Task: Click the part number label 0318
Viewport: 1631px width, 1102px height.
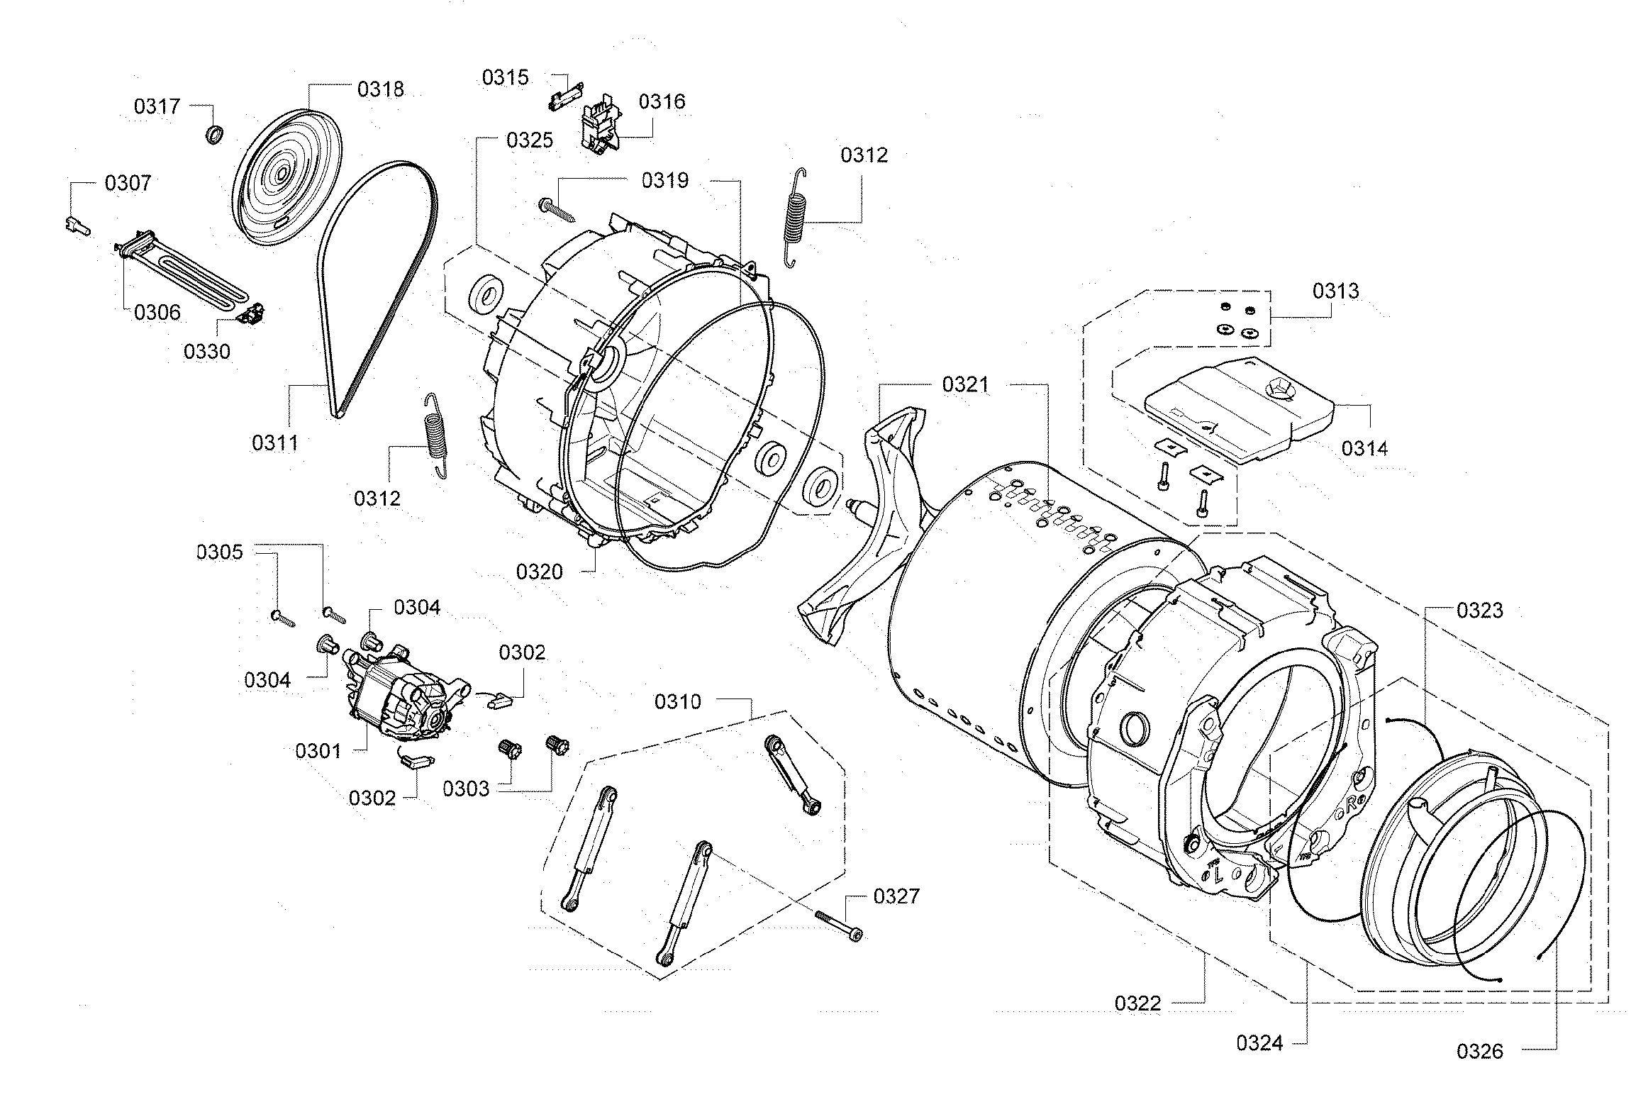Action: tap(380, 89)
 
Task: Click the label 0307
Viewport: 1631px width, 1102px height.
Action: tap(128, 183)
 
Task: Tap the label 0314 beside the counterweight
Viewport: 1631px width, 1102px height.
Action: tap(1364, 448)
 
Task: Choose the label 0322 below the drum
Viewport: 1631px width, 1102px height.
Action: tap(1137, 1003)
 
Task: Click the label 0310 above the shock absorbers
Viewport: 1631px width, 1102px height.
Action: tap(677, 702)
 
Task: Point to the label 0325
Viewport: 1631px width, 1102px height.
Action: tap(529, 140)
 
